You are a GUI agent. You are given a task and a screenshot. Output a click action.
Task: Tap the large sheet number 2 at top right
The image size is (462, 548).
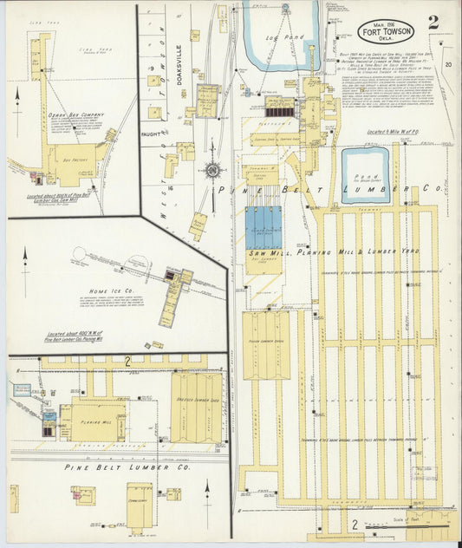[x=433, y=22]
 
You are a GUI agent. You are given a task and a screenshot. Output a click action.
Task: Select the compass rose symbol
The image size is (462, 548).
[x=211, y=169]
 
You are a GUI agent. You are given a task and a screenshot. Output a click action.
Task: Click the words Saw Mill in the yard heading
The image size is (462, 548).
[x=264, y=252]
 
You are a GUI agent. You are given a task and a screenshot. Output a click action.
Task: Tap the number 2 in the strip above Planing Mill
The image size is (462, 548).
[x=127, y=360]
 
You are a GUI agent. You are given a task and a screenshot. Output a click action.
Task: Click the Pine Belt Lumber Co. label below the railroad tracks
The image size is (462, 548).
[x=117, y=466]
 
